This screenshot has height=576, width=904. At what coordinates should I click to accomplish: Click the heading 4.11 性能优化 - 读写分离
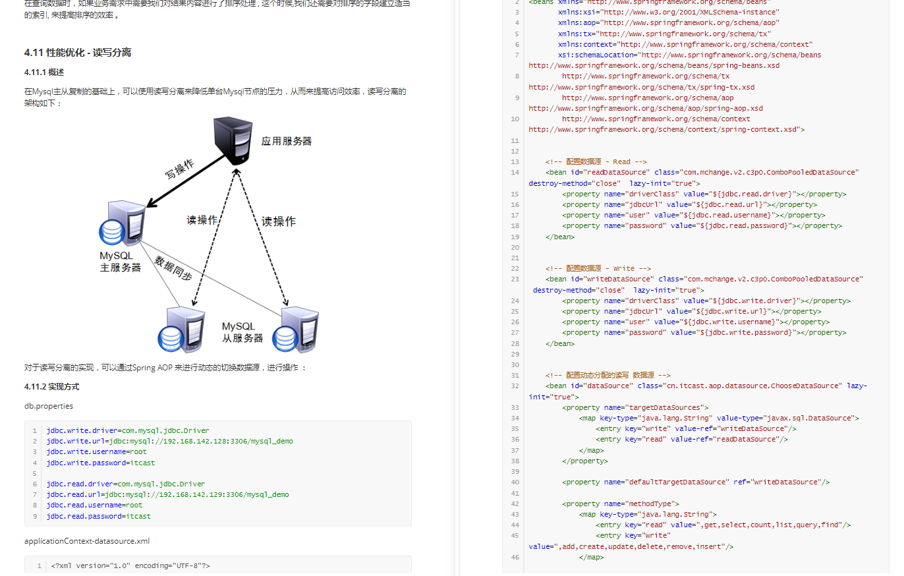(x=78, y=52)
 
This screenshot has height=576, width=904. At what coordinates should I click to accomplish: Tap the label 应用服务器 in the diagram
(x=286, y=141)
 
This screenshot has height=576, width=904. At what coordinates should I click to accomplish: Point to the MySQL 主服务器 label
(x=120, y=262)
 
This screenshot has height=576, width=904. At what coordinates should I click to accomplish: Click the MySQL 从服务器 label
(x=242, y=332)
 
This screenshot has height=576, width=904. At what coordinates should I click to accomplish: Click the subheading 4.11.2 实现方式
(x=51, y=387)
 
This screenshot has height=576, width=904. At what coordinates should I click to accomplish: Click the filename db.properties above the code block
(x=49, y=406)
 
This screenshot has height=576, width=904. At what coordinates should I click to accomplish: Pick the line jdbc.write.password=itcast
(x=101, y=463)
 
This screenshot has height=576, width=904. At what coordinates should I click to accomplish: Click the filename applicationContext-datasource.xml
(x=87, y=541)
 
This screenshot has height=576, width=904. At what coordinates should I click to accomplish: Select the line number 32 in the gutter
(x=515, y=386)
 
